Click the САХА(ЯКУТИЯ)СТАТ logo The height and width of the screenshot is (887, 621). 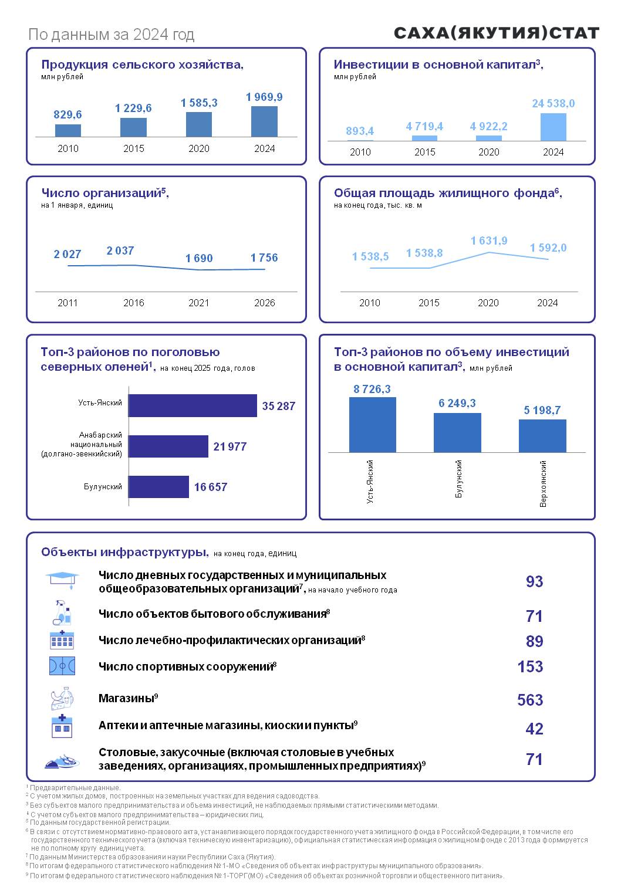[x=496, y=33]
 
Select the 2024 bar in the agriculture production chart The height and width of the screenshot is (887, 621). [x=264, y=121]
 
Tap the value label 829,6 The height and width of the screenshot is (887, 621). [x=68, y=115]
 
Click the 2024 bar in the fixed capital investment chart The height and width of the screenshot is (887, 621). [x=553, y=127]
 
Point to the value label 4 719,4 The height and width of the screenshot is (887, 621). [x=424, y=127]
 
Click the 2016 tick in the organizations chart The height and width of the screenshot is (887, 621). [x=134, y=303]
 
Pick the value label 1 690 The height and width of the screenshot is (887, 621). [x=199, y=258]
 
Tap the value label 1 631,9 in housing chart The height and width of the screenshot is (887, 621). [x=489, y=241]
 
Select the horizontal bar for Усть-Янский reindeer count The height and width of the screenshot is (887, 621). [x=193, y=405]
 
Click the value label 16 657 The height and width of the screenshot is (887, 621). [x=210, y=487]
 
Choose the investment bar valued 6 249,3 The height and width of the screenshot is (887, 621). [x=457, y=432]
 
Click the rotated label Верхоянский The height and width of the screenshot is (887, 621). [x=543, y=483]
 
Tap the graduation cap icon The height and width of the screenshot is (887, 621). [x=62, y=578]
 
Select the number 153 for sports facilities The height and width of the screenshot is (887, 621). [x=530, y=666]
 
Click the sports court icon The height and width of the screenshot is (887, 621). [x=62, y=666]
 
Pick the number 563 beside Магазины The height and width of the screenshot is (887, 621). [x=530, y=700]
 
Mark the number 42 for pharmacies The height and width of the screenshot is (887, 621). [x=534, y=729]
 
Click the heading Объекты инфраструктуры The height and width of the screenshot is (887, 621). [x=124, y=552]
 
